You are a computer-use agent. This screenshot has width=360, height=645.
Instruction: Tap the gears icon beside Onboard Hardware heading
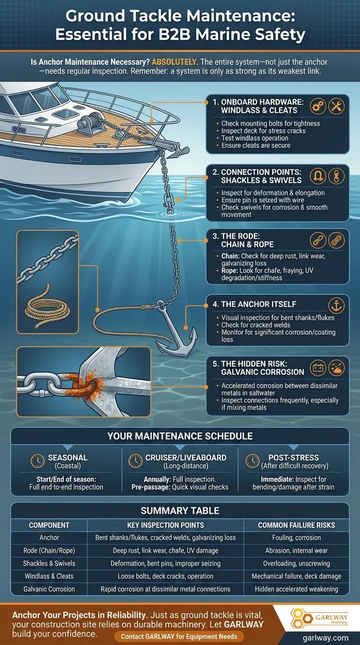pyautogui.click(x=318, y=106)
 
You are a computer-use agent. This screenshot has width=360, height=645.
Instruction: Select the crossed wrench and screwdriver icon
pyautogui.click(x=336, y=106)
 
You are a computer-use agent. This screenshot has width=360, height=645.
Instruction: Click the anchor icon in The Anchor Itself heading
pyautogui.click(x=336, y=306)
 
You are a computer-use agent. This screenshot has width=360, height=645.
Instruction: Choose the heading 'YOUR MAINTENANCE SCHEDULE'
pyautogui.click(x=180, y=436)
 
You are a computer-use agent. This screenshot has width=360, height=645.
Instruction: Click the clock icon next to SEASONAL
pyautogui.click(x=37, y=461)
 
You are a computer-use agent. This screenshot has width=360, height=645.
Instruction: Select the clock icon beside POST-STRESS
pyautogui.click(x=252, y=461)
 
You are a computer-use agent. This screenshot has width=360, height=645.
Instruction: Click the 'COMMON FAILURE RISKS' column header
pyautogui.click(x=296, y=525)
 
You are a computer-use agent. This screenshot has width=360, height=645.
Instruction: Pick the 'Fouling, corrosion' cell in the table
pyautogui.click(x=296, y=538)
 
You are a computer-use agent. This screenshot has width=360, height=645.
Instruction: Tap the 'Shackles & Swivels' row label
pyautogui.click(x=49, y=563)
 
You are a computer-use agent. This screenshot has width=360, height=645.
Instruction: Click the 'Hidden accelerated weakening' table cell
pyautogui.click(x=296, y=589)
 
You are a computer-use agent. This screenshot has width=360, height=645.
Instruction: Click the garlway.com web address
pyautogui.click(x=325, y=638)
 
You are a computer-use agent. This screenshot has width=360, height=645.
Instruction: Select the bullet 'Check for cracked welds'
pyautogui.click(x=256, y=325)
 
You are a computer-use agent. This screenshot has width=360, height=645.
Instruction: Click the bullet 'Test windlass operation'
pyautogui.click(x=255, y=138)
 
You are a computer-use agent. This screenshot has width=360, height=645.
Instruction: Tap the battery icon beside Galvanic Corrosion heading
pyautogui.click(x=318, y=367)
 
